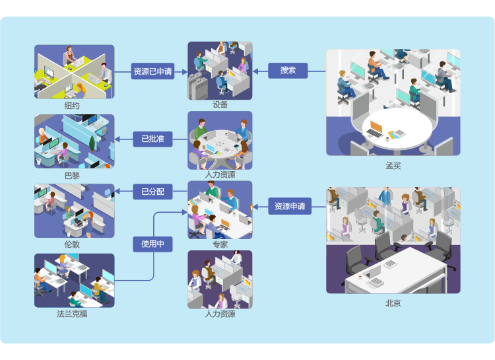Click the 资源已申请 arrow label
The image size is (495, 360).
click(152, 71)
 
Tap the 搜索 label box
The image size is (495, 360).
click(288, 70)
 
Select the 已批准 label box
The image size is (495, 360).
click(152, 139)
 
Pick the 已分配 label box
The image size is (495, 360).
click(152, 192)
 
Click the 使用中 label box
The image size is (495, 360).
click(152, 244)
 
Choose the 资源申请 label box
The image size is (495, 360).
click(290, 206)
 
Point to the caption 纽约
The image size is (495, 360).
click(73, 106)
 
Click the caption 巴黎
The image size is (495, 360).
click(73, 175)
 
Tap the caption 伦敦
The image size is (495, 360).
click(73, 244)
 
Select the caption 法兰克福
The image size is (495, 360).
click(73, 314)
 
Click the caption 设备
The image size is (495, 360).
click(220, 104)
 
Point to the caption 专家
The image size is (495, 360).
click(220, 244)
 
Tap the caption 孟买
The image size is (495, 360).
click(393, 165)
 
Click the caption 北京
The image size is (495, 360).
click(393, 303)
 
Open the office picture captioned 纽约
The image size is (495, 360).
click(74, 72)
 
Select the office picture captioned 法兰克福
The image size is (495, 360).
click(74, 281)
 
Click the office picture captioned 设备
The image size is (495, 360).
click(220, 70)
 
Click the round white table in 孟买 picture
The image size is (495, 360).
click(393, 129)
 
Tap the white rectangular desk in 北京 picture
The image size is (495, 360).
click(396, 268)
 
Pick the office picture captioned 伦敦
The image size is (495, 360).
click(74, 211)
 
